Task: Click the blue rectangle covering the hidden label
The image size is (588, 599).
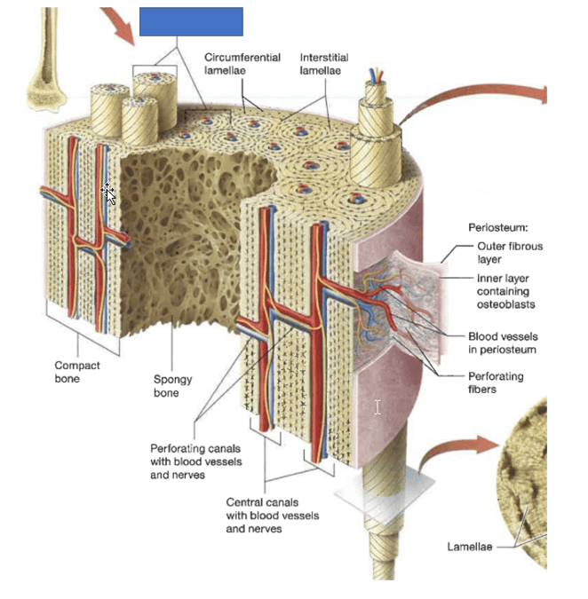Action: (x=191, y=21)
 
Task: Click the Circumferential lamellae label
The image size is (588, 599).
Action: (x=242, y=64)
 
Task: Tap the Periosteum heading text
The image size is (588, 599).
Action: (x=497, y=228)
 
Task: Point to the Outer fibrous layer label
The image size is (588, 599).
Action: (x=509, y=253)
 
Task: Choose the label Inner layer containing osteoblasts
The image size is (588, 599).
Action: (x=505, y=291)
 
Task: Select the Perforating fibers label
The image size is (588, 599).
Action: (x=496, y=382)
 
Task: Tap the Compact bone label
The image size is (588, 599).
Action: (x=77, y=372)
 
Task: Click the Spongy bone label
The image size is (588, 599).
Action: (x=172, y=386)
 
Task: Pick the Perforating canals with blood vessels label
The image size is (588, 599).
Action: (x=195, y=461)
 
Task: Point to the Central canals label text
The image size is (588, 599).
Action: (x=272, y=516)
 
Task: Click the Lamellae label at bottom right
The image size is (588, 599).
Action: (x=469, y=547)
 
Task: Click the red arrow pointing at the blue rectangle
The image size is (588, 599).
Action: (x=118, y=23)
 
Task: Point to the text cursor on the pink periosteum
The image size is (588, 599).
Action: (x=377, y=406)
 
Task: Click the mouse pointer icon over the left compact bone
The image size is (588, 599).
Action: (x=108, y=192)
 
